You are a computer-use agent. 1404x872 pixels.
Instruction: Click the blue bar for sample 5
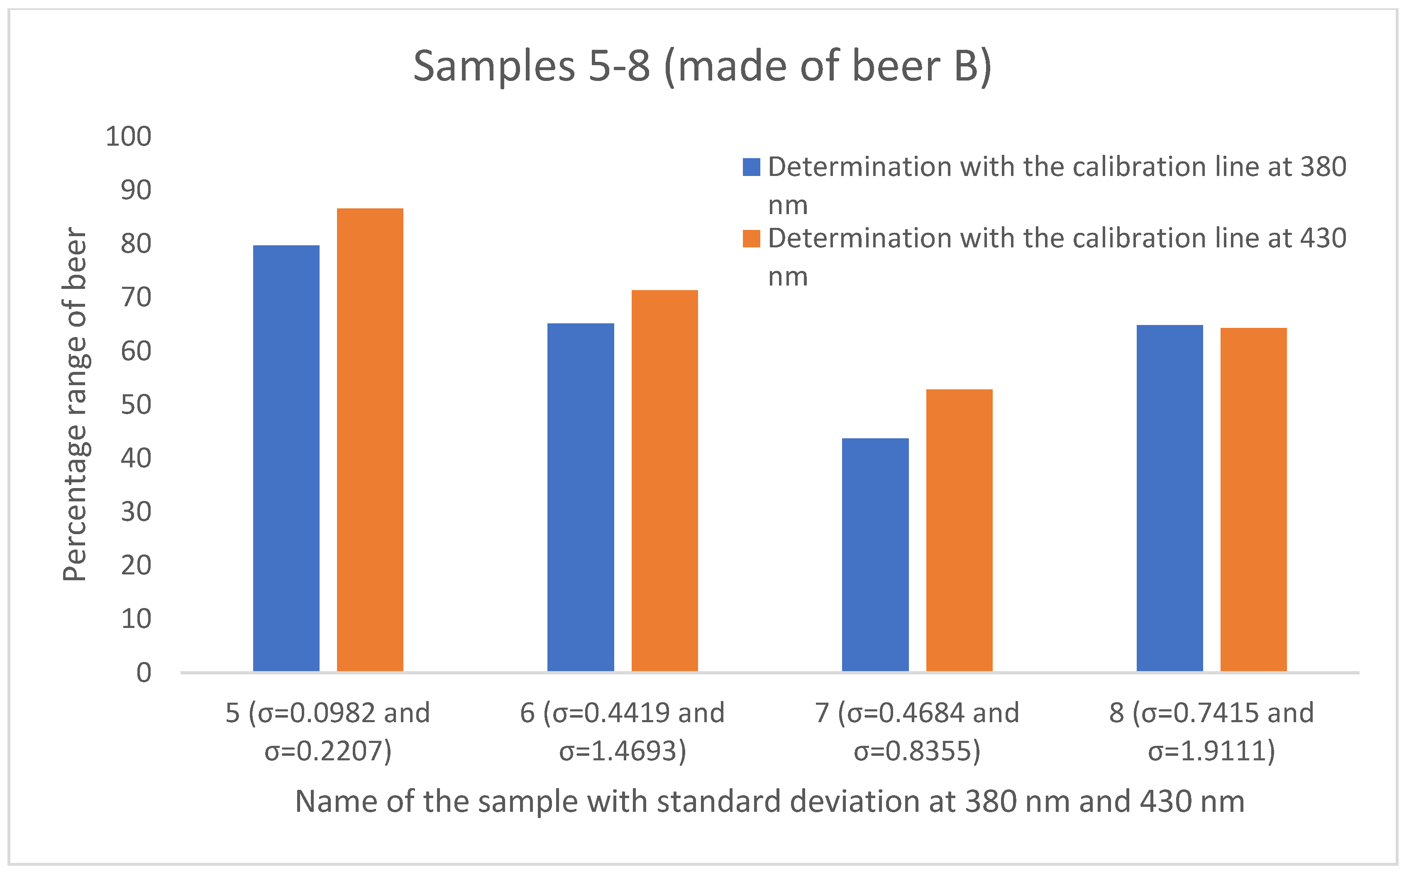tap(286, 459)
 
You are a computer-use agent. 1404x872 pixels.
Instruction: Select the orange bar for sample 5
tap(370, 440)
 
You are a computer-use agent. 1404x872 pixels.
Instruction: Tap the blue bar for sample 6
tap(581, 497)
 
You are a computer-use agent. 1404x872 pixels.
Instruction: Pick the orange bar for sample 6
tap(664, 480)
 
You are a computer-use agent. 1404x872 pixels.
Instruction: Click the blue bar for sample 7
tap(875, 555)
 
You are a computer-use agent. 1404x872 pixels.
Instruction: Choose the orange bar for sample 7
tap(959, 530)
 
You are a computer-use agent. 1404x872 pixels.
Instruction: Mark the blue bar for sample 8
tap(1170, 498)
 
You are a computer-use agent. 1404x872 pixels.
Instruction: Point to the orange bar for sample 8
tap(1253, 499)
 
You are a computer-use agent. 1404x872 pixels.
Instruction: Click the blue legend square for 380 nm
tap(751, 167)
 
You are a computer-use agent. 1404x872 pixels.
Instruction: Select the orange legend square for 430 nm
tap(751, 239)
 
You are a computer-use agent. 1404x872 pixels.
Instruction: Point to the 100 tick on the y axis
tap(128, 137)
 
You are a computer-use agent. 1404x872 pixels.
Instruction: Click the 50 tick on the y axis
tap(135, 405)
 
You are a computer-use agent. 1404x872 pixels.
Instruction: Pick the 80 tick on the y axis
tap(135, 244)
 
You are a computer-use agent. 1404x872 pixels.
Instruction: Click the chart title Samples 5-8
tap(702, 66)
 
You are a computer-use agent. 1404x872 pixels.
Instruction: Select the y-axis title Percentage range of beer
tap(75, 404)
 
